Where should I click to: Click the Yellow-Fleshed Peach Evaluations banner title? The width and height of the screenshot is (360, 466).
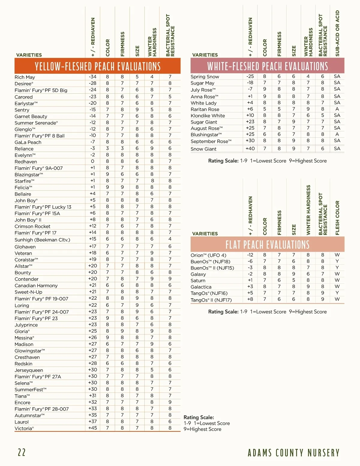coord(97,66)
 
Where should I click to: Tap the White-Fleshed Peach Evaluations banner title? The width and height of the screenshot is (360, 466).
coord(268,66)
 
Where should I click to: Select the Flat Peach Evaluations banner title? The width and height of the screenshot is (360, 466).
coord(268,245)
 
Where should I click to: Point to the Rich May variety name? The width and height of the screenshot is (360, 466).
coord(25,77)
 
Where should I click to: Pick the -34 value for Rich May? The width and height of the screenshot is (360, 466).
coord(92,77)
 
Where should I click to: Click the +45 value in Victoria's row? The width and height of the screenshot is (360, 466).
coord(92,428)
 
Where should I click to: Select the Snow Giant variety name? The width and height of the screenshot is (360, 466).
coord(203,149)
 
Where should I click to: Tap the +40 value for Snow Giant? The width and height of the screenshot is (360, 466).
coord(250,149)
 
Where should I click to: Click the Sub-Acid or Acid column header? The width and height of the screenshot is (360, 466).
coord(337,33)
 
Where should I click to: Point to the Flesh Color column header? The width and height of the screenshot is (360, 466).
coord(337,218)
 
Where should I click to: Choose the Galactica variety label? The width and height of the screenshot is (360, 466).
coord(201,287)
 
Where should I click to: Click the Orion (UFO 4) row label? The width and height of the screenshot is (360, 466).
coord(208,255)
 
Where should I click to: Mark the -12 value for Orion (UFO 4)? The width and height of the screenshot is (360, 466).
coord(250,255)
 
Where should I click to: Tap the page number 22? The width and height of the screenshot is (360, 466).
coord(22,452)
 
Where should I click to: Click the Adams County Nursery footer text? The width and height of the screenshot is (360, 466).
coord(293,453)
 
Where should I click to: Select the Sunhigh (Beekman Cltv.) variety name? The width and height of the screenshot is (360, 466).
coord(42,240)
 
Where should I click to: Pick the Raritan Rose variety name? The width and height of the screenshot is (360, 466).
coord(205,110)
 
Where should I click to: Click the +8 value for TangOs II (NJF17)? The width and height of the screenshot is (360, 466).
coord(250,299)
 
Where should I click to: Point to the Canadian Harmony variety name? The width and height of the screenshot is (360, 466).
coord(36,286)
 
